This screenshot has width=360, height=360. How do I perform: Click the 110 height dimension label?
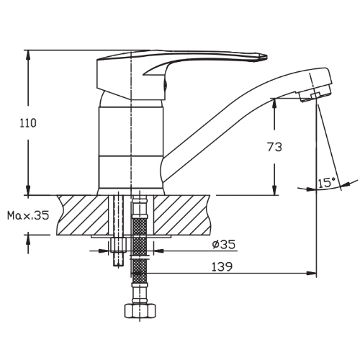click(28, 123)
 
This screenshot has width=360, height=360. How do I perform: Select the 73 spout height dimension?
click(274, 147)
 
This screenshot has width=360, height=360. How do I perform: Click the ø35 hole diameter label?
click(224, 244)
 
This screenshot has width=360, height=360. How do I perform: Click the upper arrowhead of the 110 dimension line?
click(28, 55)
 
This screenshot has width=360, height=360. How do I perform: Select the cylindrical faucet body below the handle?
click(129, 148)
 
